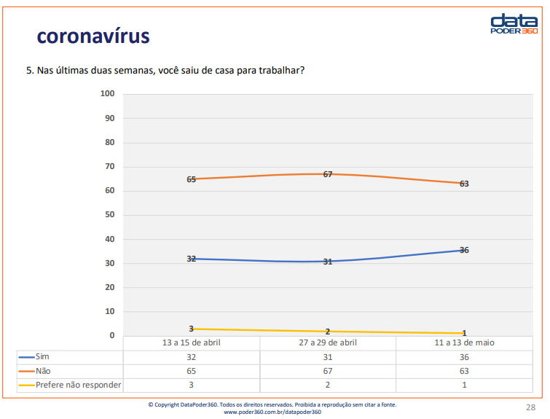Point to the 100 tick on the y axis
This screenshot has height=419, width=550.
pos(108,94)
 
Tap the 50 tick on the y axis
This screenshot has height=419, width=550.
pos(110,215)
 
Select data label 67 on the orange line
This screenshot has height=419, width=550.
pos(328,174)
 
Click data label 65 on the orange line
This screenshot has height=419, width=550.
pos(191,179)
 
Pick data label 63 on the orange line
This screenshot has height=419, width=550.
pos(464,184)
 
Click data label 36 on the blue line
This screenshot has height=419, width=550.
pos(464,250)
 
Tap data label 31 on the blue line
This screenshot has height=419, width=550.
pos(328,261)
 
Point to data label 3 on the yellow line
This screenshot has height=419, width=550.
pos(191,329)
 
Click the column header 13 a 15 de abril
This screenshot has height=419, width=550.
pos(191,342)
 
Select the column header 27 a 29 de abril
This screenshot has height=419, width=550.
pos(328,342)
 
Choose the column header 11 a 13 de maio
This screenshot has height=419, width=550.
pos(464,342)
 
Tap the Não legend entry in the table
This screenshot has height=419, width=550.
pos(43,371)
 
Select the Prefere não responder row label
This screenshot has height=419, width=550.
pos(78,385)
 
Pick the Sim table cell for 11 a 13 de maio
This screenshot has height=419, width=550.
pos(464,357)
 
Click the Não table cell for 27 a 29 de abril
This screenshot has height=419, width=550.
pos(328,371)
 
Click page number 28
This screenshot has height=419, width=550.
pos(530,407)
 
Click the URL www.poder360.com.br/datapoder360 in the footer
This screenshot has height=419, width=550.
pos(272,412)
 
